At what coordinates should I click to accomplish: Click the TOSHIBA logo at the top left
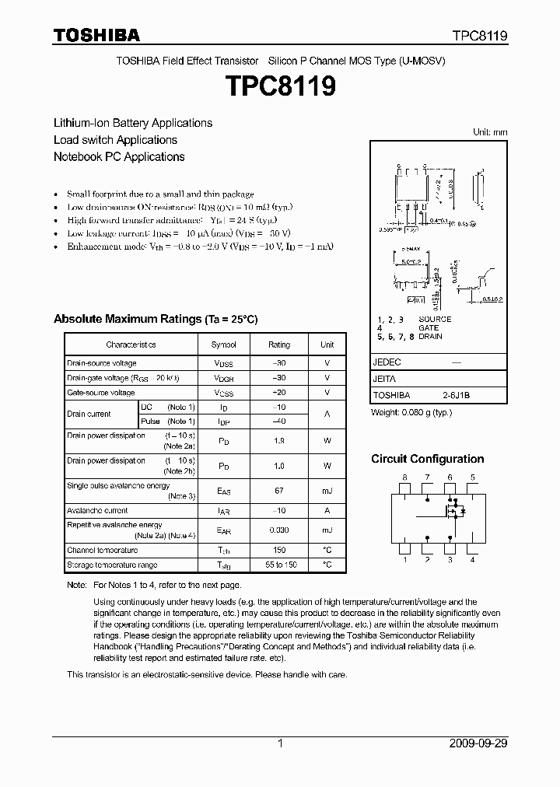coord(96,36)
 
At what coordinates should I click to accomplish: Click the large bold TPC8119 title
coord(280,86)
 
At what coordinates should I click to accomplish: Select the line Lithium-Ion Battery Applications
coord(132,123)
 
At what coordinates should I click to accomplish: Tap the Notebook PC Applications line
coord(119,156)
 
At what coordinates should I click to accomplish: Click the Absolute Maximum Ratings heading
coord(155,320)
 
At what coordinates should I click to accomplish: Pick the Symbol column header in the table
coord(223,345)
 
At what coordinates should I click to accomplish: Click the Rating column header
coord(279,345)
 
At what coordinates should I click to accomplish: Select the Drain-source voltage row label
coord(102,363)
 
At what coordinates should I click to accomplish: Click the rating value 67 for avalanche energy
coord(279,491)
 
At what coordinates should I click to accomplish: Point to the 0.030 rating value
coord(279,530)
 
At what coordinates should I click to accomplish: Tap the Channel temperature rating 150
coord(279,550)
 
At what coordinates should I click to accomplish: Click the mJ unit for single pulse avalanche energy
coord(327,491)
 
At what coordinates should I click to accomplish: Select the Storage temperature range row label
coord(112,565)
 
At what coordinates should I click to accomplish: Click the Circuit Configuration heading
coord(427,459)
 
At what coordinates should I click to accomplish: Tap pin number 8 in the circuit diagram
coord(404,477)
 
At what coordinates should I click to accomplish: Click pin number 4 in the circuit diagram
coord(472,559)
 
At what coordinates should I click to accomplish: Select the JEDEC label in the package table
coord(387,362)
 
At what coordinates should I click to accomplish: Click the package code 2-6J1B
coord(457,395)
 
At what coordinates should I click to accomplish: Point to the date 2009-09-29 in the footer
coord(478,743)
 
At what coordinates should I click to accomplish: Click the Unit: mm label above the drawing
coord(490,132)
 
